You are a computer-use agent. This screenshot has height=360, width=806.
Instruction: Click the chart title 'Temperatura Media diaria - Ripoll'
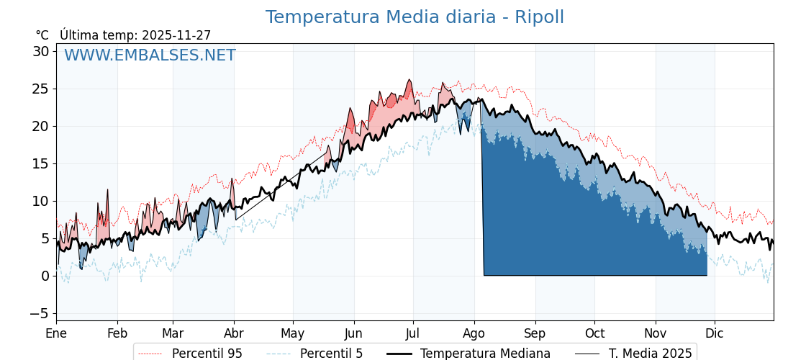click(415, 17)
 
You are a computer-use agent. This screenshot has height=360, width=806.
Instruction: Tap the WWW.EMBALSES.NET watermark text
click(150, 55)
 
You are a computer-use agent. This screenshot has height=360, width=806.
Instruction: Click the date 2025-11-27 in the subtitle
click(176, 35)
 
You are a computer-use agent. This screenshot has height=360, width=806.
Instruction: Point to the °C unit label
click(42, 35)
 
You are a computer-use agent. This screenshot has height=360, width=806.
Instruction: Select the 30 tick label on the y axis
click(40, 51)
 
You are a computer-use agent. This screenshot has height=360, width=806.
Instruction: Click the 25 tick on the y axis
click(40, 89)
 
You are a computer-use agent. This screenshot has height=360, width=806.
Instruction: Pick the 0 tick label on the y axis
click(45, 276)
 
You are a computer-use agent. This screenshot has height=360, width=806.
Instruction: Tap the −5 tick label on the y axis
click(39, 313)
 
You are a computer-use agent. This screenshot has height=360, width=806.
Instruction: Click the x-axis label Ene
click(56, 334)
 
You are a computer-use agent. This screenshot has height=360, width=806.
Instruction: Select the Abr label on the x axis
click(234, 334)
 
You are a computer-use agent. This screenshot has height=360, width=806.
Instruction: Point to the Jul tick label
click(413, 334)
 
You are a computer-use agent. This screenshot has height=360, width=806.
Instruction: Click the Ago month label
click(474, 334)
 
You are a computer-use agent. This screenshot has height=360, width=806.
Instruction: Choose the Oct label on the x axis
click(594, 334)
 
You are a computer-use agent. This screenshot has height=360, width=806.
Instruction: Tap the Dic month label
click(715, 334)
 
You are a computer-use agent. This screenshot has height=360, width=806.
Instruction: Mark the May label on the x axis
click(293, 334)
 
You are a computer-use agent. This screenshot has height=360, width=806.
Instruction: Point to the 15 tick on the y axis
click(40, 163)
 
